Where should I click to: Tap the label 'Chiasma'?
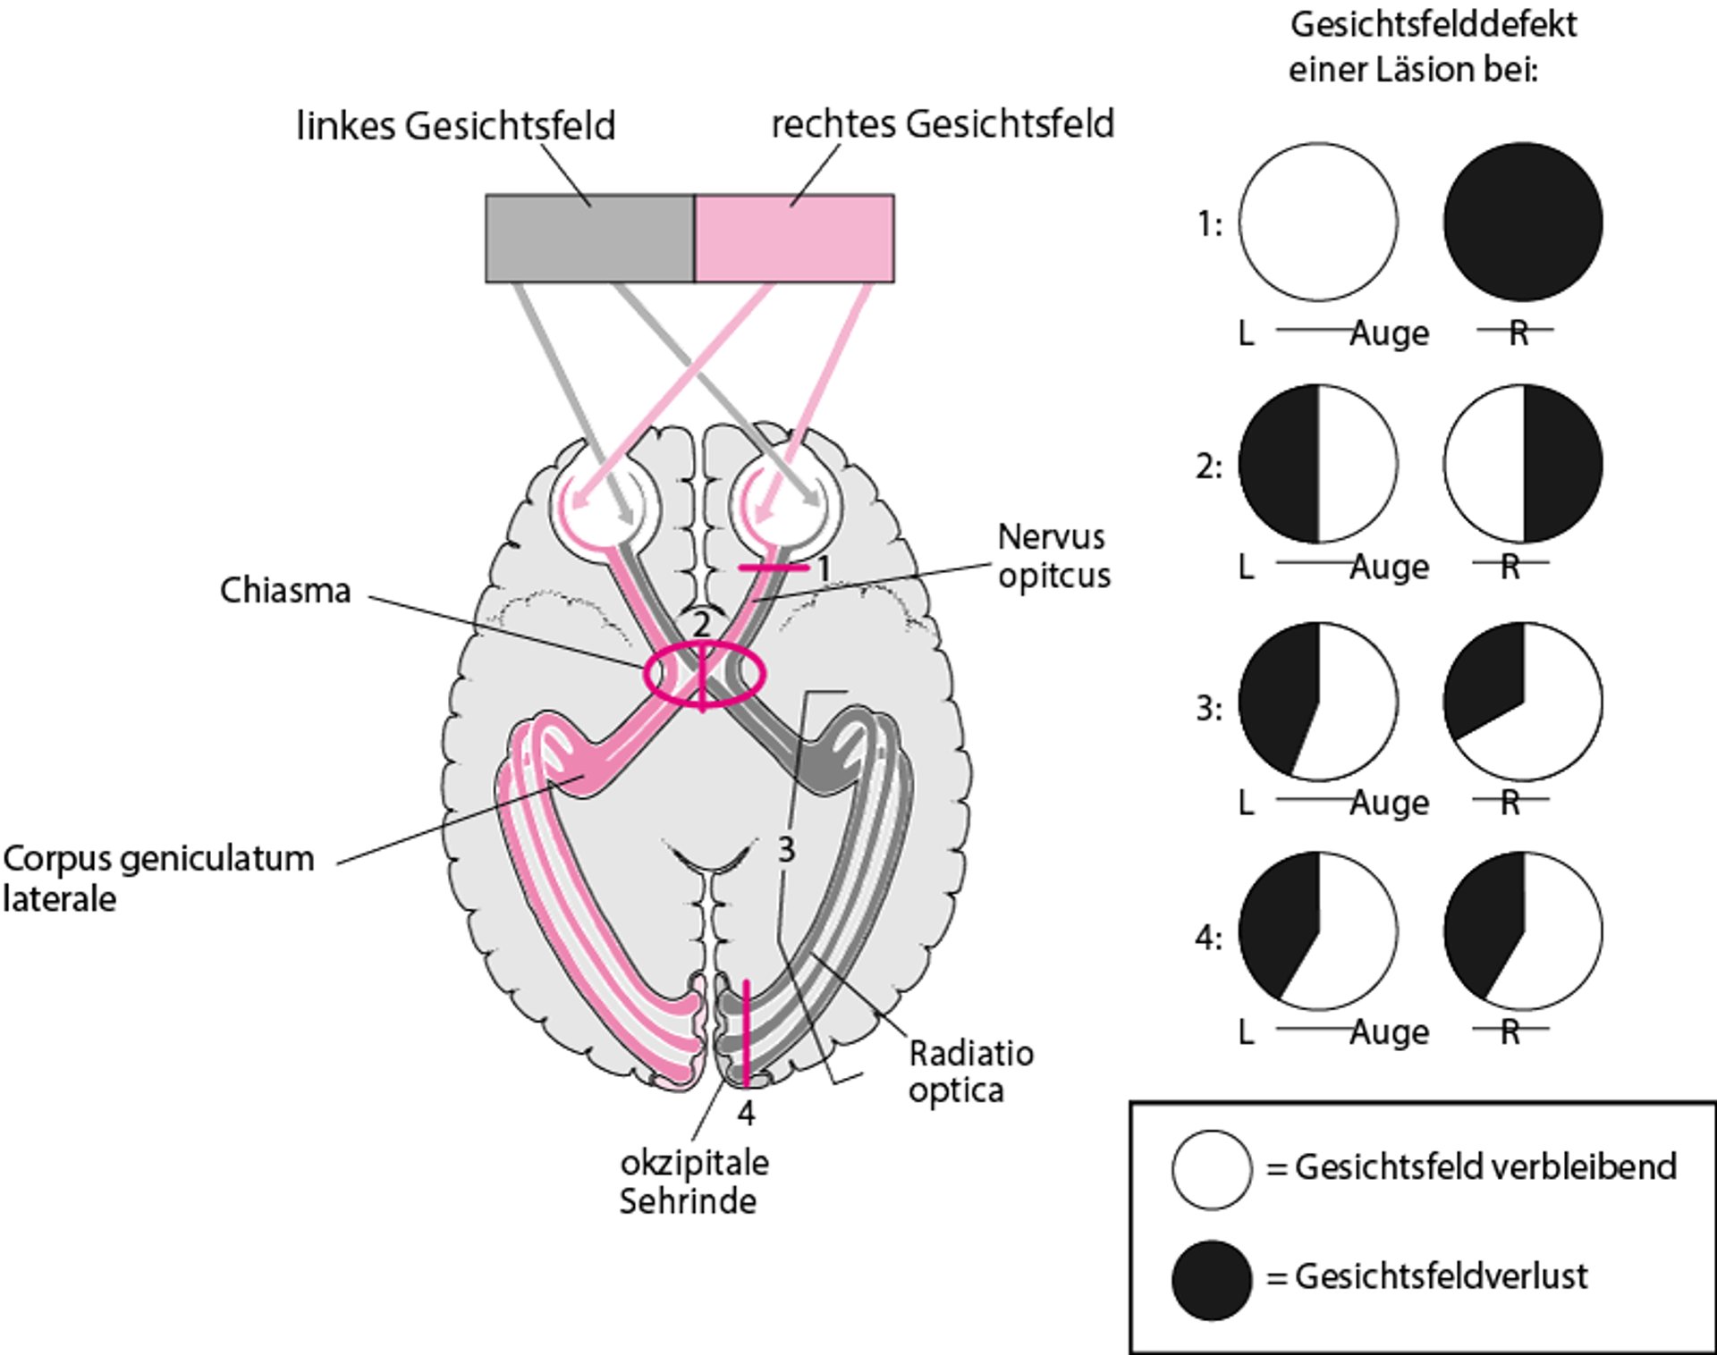(x=285, y=591)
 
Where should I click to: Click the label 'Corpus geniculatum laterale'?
(x=157, y=878)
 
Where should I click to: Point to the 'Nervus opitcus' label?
(x=1053, y=556)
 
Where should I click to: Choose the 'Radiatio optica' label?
(x=970, y=1072)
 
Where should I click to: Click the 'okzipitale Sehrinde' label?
(x=693, y=1182)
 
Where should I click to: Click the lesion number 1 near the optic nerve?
(x=824, y=568)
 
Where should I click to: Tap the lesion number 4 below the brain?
(x=746, y=1114)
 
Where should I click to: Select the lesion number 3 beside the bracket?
(x=786, y=850)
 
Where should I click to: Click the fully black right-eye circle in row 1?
(x=1523, y=222)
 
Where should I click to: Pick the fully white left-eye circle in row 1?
(x=1318, y=222)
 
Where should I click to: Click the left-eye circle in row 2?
(x=1318, y=465)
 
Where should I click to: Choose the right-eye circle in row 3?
(x=1523, y=702)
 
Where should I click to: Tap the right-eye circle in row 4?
(x=1523, y=931)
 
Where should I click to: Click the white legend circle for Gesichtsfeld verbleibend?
(x=1212, y=1170)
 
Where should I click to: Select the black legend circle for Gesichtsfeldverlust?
(x=1212, y=1279)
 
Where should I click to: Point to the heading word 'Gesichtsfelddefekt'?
(x=1433, y=25)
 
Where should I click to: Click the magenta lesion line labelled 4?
(x=746, y=1032)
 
